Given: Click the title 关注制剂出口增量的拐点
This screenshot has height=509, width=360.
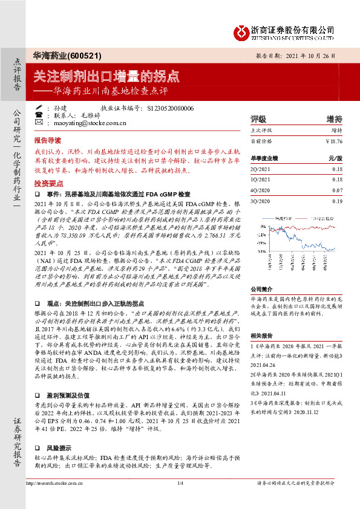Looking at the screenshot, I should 106,76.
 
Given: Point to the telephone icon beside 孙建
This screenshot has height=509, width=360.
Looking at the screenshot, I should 38,107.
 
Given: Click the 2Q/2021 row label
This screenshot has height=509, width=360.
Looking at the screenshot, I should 261,169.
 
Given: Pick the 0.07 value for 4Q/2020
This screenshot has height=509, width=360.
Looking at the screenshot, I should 337,190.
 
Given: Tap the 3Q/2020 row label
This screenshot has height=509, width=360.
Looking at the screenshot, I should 261,200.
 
